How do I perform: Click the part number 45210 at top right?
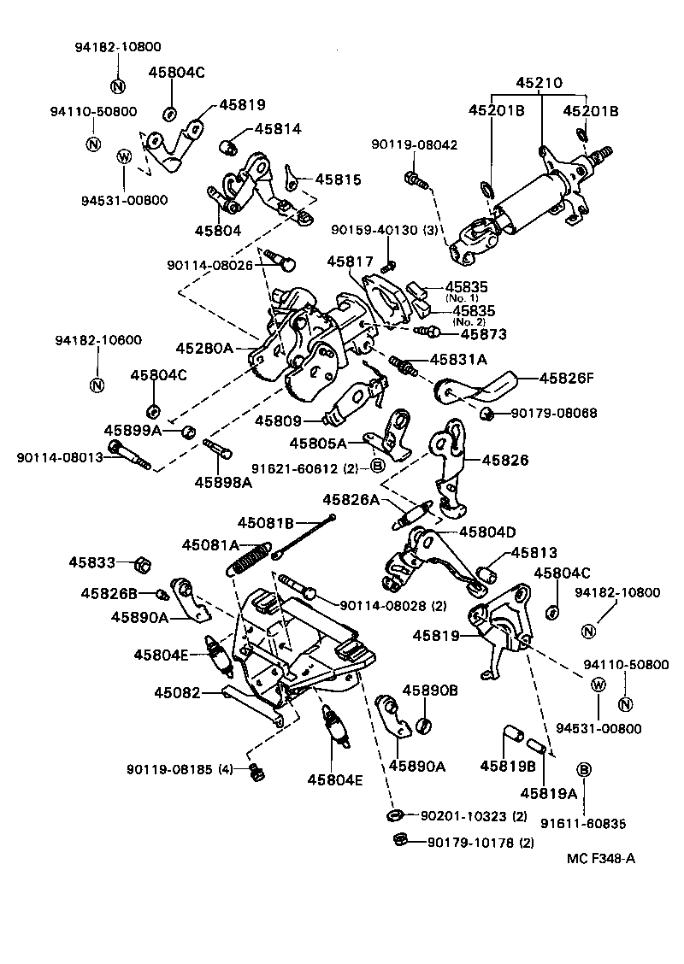(539, 84)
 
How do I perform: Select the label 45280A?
(203, 348)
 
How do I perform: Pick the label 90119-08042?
(414, 145)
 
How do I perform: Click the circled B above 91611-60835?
(585, 769)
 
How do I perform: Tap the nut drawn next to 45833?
(144, 564)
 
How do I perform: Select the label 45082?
(177, 692)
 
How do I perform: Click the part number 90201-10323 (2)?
(476, 816)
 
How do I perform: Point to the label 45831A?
(458, 360)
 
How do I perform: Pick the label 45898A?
(222, 482)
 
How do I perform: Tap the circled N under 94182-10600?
(97, 384)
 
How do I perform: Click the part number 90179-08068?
(554, 414)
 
